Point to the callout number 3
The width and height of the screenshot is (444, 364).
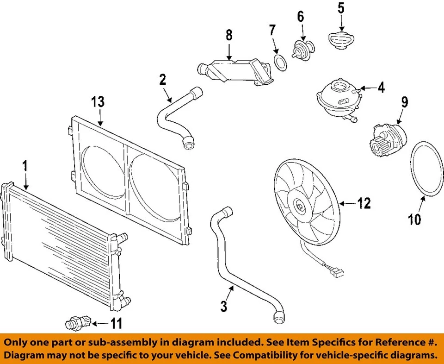pos(224,306)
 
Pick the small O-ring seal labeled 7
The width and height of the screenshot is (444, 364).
pos(280,63)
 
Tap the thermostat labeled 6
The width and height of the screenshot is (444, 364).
pos(303,49)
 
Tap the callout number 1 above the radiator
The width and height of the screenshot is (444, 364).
pos(25,166)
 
